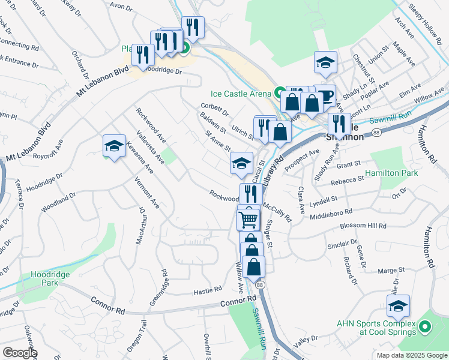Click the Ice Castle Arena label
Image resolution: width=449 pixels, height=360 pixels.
[x=242, y=93]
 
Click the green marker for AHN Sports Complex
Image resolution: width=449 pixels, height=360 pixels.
[x=425, y=328]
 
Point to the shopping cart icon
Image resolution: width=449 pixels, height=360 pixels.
[x=249, y=219]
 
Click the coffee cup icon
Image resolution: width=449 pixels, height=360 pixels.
[x=325, y=97]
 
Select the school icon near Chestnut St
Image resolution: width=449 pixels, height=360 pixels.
[x=325, y=62]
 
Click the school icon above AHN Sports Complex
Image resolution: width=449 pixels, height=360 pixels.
[x=398, y=306]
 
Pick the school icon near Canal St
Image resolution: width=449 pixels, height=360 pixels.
[x=241, y=163]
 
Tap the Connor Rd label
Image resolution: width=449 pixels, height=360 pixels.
[x=108, y=303]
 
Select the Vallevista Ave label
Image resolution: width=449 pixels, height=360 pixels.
[x=150, y=147]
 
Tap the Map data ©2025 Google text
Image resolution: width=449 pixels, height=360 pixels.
[x=411, y=355]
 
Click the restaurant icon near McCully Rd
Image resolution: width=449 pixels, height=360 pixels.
[x=249, y=194]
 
